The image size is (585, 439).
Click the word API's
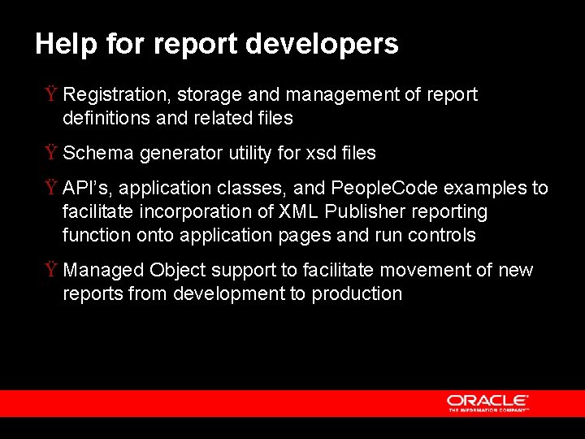pyautogui.click(x=85, y=189)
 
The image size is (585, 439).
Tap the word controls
pyautogui.click(x=444, y=236)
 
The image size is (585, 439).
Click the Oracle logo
pyautogui.click(x=487, y=402)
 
